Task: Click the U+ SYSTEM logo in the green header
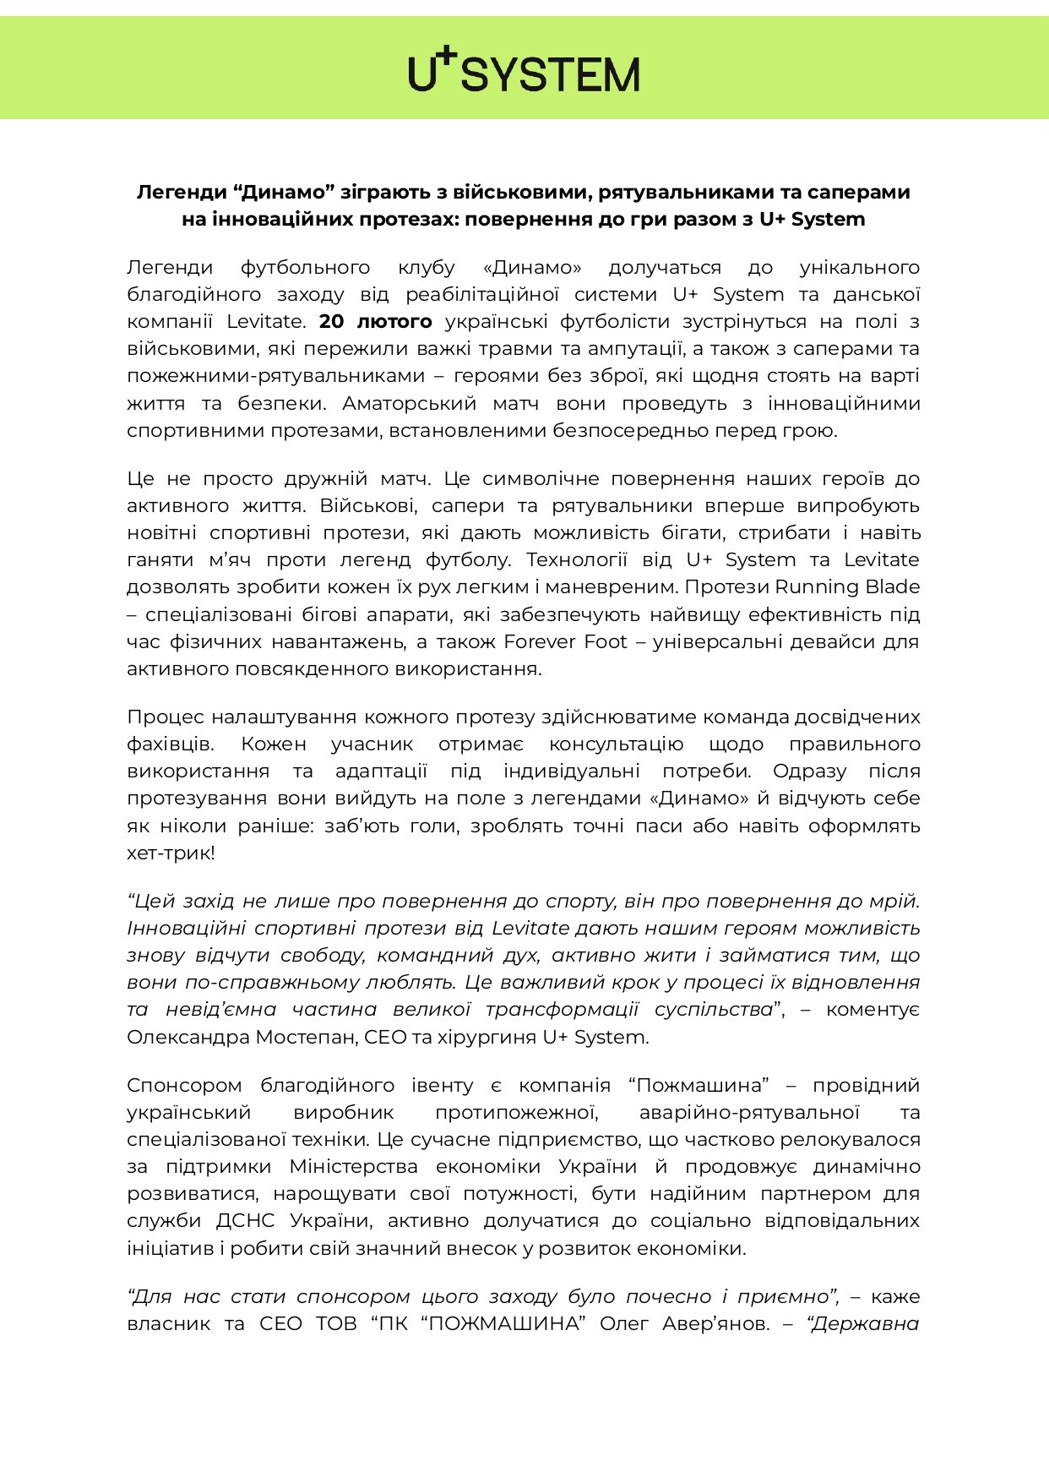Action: tap(524, 72)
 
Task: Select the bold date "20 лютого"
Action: tap(375, 322)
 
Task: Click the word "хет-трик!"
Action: tap(171, 853)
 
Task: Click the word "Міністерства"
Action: tap(353, 1167)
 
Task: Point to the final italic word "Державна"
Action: tap(865, 1324)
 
